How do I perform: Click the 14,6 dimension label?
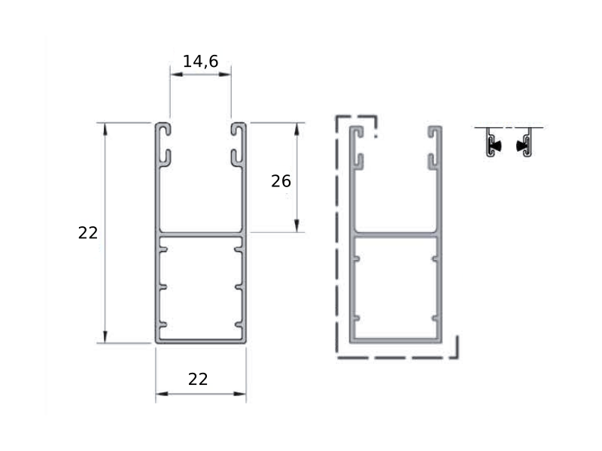pyautogui.click(x=200, y=62)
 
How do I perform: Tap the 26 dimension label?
pyautogui.click(x=281, y=181)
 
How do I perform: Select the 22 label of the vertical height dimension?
pyautogui.click(x=88, y=233)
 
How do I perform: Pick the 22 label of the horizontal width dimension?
pyautogui.click(x=198, y=380)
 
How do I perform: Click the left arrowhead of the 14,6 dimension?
pyautogui.click(x=177, y=74)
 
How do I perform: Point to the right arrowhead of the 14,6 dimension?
pyautogui.click(x=225, y=74)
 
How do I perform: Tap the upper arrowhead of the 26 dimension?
pyautogui.click(x=296, y=129)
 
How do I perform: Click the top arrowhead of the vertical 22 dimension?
pyautogui.click(x=105, y=129)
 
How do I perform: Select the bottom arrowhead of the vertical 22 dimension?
pyautogui.click(x=105, y=337)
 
